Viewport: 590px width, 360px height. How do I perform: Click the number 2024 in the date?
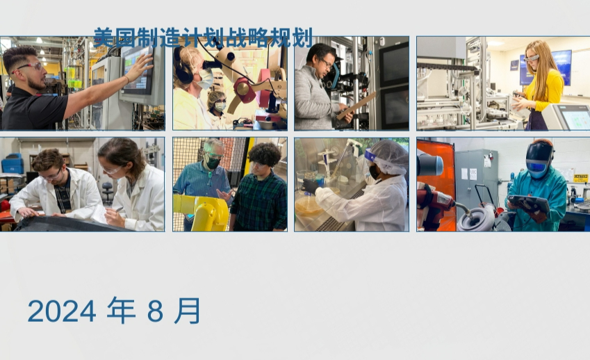[62, 311]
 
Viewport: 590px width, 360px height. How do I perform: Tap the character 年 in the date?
[121, 311]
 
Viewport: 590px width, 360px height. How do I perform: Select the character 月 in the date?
[187, 311]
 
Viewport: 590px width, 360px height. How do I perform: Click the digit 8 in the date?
[155, 311]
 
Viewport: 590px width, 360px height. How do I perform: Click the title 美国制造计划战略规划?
[203, 38]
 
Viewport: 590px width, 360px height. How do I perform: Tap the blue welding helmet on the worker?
[539, 158]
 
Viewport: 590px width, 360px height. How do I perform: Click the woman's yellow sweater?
[544, 90]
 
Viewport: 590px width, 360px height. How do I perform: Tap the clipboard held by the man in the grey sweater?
[356, 106]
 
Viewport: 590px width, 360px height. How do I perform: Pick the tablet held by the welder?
[529, 204]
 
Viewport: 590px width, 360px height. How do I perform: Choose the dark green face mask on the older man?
[213, 163]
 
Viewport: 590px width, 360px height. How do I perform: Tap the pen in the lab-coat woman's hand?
[120, 208]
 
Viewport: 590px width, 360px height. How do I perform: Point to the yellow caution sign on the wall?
[580, 179]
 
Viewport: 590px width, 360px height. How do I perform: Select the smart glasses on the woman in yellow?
[531, 58]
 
